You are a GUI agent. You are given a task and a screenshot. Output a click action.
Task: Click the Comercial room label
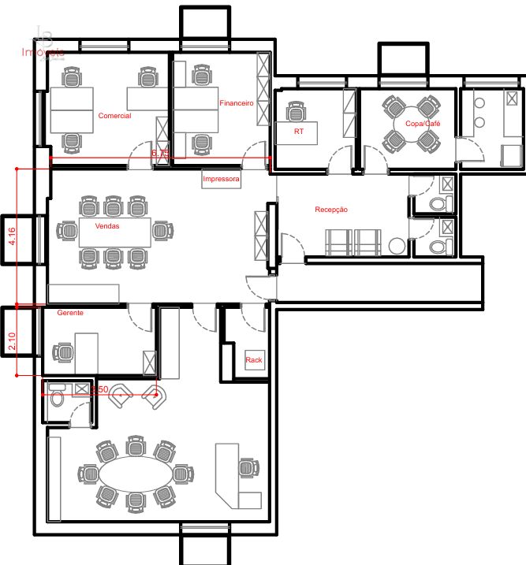[114, 116]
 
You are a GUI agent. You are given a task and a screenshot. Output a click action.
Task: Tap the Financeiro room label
[236, 103]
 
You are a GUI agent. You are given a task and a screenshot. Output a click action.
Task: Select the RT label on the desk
[298, 132]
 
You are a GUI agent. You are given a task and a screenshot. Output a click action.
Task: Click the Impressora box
[221, 179]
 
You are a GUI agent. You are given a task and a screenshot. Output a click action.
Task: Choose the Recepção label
[330, 210]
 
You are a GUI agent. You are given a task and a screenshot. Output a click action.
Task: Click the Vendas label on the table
[107, 226]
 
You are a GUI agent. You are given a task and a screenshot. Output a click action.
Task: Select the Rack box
[254, 360]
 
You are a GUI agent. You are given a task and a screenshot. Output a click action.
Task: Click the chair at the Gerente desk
[62, 351]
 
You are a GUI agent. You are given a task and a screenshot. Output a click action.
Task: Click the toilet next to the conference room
[56, 399]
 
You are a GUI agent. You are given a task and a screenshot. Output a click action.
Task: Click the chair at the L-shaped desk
[248, 467]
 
